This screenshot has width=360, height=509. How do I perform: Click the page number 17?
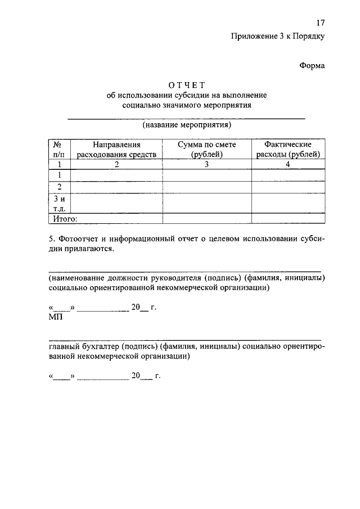(320, 23)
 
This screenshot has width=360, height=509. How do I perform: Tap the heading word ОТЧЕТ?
(186, 85)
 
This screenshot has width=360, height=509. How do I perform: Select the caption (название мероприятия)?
(187, 124)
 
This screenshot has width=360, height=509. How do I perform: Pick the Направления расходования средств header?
(116, 149)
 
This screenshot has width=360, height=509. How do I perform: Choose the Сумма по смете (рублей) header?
(206, 149)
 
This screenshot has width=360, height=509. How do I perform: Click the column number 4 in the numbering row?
(287, 165)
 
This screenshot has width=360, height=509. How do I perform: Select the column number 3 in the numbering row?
(206, 165)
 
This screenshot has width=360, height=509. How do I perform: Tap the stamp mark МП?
(56, 318)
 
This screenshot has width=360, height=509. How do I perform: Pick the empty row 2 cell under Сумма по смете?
(206, 187)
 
